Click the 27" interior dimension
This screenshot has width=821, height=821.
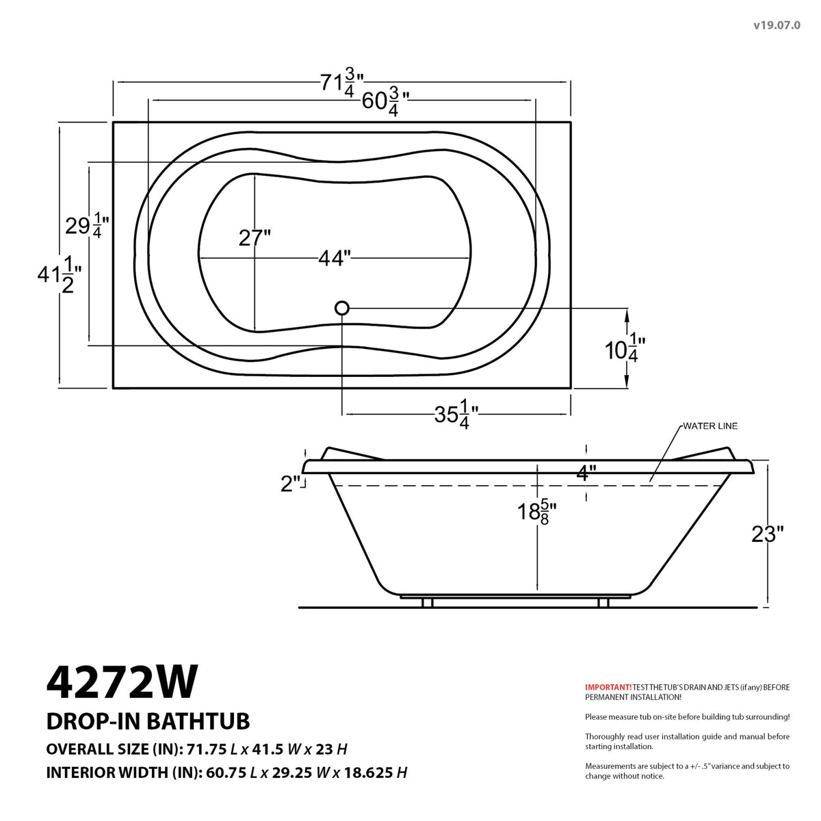(255, 238)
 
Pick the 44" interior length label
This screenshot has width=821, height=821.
(335, 258)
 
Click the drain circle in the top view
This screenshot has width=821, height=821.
(342, 308)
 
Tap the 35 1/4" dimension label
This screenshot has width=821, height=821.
(456, 415)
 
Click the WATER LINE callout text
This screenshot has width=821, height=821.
(709, 426)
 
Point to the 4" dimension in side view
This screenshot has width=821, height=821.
(586, 472)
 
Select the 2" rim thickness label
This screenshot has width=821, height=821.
(291, 484)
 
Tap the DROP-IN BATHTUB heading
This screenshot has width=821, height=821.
(148, 721)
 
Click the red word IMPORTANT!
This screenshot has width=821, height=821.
(608, 687)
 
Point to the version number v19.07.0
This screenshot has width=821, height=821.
(777, 25)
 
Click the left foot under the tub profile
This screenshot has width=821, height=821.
(428, 603)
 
